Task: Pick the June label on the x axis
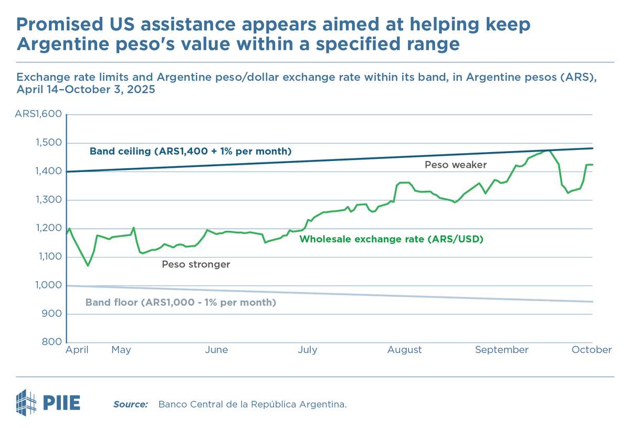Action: tap(216, 350)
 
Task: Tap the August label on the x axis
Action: tap(404, 350)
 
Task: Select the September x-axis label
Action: tap(501, 350)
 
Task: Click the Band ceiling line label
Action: tap(190, 152)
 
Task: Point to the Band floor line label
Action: tap(181, 303)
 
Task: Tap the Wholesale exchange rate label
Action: tap(391, 239)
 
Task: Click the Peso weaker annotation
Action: tap(456, 165)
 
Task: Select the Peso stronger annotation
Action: tap(196, 264)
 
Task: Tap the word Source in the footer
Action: tap(130, 404)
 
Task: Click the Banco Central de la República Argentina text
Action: tap(253, 404)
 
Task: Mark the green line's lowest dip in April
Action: tap(88, 265)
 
